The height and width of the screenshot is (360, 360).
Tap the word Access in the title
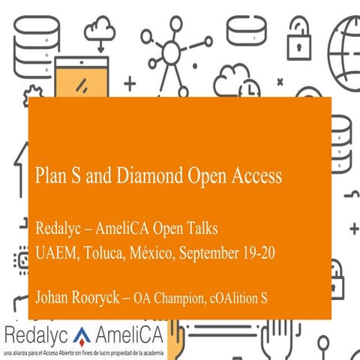click(256, 176)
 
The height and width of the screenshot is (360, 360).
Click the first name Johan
click(53, 298)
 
